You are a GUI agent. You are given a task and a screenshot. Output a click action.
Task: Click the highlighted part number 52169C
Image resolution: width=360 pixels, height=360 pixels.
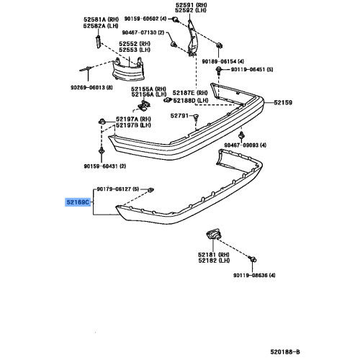[x=77, y=204]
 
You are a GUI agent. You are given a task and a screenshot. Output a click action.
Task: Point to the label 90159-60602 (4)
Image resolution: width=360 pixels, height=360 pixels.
[x=143, y=19]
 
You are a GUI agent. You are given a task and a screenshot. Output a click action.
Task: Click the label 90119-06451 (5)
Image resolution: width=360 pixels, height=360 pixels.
[x=251, y=71]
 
